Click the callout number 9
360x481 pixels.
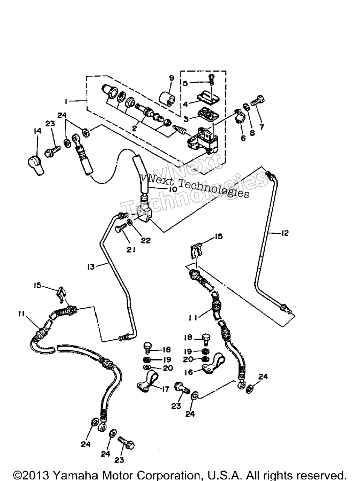tap(171, 78)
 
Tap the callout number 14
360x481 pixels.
tap(37, 131)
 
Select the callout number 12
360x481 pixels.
tap(285, 233)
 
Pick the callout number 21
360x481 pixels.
tap(131, 249)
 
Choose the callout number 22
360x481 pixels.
tap(146, 241)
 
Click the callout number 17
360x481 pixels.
tap(165, 389)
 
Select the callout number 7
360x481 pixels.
tap(262, 127)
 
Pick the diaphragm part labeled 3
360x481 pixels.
tap(209, 113)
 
